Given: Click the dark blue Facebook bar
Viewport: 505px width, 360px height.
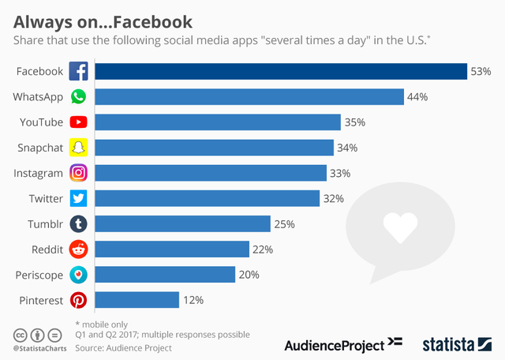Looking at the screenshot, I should [x=281, y=71].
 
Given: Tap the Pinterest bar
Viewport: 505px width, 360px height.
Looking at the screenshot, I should [x=137, y=300].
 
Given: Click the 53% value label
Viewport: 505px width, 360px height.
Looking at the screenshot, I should [x=481, y=72].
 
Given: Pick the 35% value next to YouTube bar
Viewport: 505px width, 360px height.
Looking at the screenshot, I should [x=355, y=122].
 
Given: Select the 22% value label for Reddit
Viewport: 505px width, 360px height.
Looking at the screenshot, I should [x=263, y=249].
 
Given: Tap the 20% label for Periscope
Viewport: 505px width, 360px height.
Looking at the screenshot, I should [x=249, y=275].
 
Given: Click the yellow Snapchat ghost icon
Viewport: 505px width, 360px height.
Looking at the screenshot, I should [x=78, y=148].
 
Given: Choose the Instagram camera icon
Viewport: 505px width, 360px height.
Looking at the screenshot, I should [x=78, y=173].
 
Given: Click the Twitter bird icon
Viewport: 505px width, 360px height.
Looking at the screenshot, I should [x=78, y=198].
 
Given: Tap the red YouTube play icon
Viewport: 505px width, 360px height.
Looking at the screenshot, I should [x=78, y=122].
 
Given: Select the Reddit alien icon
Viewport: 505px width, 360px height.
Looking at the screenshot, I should [x=78, y=249].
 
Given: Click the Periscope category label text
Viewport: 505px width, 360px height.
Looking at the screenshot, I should [x=39, y=275].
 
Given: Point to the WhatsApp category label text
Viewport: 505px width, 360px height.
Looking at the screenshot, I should [x=38, y=96].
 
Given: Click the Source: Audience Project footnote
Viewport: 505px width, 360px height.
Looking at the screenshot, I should [x=123, y=347].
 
